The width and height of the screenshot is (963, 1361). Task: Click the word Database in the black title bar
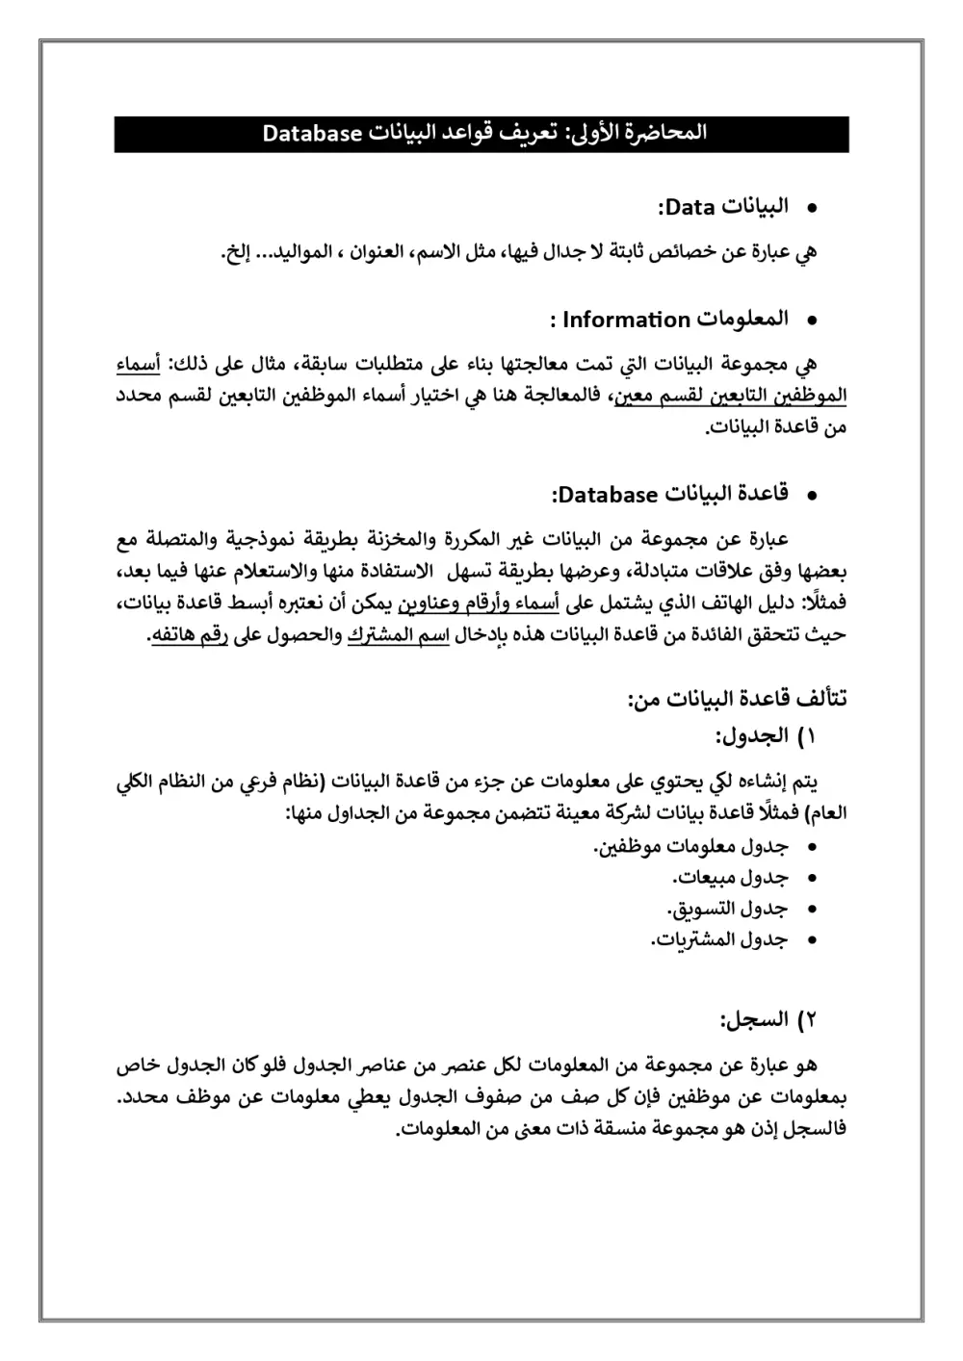pyautogui.click(x=310, y=134)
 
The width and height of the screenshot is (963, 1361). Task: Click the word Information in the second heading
pyautogui.click(x=626, y=319)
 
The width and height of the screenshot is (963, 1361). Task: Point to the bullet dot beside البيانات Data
pyautogui.click(x=811, y=208)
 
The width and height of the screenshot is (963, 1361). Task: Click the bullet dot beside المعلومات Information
pyautogui.click(x=811, y=320)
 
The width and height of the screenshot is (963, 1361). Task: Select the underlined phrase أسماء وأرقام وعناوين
pyautogui.click(x=481, y=604)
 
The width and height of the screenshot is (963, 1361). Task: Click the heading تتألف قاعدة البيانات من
pyautogui.click(x=737, y=698)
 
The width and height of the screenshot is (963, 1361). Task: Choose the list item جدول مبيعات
pyautogui.click(x=730, y=878)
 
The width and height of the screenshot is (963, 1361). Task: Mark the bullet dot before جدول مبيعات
pyautogui.click(x=811, y=879)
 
